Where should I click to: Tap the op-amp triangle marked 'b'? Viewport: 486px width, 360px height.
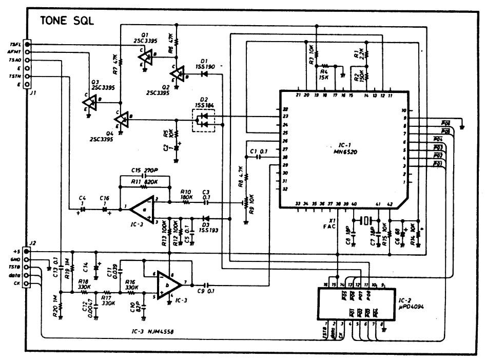169,284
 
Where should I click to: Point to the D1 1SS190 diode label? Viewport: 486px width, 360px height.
205,63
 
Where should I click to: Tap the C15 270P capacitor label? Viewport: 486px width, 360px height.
143,171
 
